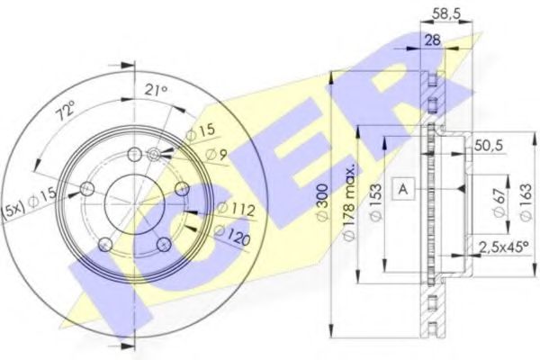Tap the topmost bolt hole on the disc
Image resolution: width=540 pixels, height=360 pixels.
tap(133, 154)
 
